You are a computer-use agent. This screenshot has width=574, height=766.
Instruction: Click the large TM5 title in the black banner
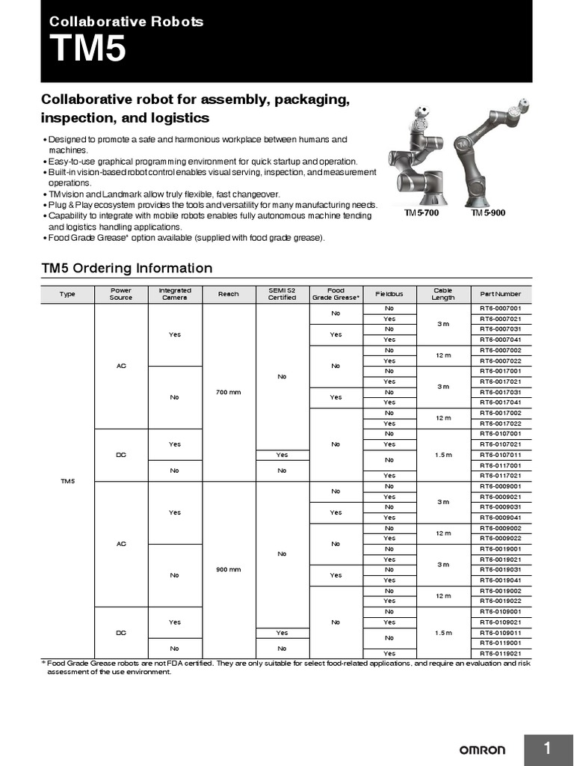pos(87,51)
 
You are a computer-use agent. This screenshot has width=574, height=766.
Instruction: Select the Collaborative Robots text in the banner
pos(126,22)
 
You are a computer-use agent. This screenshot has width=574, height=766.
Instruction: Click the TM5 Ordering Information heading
pos(126,268)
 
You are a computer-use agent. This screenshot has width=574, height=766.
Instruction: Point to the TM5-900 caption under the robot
pos(488,213)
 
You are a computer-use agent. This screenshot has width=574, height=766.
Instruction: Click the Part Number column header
pos(501,294)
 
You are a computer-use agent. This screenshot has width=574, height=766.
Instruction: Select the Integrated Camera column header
pos(175,294)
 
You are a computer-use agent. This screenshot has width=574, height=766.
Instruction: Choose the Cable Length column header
pos(442,294)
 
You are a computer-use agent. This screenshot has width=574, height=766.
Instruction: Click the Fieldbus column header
pos(389,294)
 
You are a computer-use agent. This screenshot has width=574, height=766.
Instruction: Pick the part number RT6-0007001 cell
pos(501,308)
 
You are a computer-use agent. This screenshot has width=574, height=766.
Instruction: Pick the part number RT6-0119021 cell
pos(501,654)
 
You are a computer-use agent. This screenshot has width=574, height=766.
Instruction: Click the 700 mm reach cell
pos(228,392)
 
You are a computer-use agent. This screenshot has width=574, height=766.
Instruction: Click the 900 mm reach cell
pos(228,569)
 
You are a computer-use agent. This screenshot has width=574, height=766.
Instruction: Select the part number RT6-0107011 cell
pos(501,455)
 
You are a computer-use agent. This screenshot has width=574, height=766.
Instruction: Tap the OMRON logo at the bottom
pos(481,750)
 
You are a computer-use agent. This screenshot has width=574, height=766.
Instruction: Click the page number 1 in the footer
pos(548,749)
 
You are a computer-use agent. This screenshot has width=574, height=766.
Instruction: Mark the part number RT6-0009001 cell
pos(501,486)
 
